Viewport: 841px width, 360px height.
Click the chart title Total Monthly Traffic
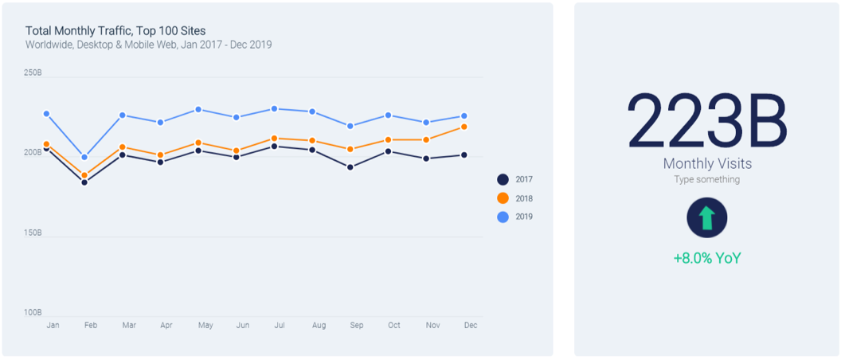[115, 31]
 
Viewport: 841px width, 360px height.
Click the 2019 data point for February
[84, 157]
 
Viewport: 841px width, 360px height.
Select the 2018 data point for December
[464, 127]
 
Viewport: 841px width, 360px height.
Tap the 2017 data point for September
[350, 167]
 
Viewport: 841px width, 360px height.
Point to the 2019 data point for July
[274, 108]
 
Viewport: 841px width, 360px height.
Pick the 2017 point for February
[84, 182]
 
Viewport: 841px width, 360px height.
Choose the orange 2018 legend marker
[503, 198]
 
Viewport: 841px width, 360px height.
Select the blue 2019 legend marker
[503, 217]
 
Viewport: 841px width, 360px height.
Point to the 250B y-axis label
[33, 72]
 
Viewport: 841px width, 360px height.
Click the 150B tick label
[33, 233]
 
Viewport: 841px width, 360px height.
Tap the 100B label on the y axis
[33, 313]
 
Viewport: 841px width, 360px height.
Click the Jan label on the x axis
[53, 326]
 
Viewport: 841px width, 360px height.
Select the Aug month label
[319, 326]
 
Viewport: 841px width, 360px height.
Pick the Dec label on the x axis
[471, 326]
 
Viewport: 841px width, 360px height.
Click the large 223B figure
[707, 121]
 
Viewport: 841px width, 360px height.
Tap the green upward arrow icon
[707, 218]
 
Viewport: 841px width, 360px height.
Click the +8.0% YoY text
[707, 258]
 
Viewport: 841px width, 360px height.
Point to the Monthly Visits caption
[707, 163]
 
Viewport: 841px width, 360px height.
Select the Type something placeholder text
[707, 180]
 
